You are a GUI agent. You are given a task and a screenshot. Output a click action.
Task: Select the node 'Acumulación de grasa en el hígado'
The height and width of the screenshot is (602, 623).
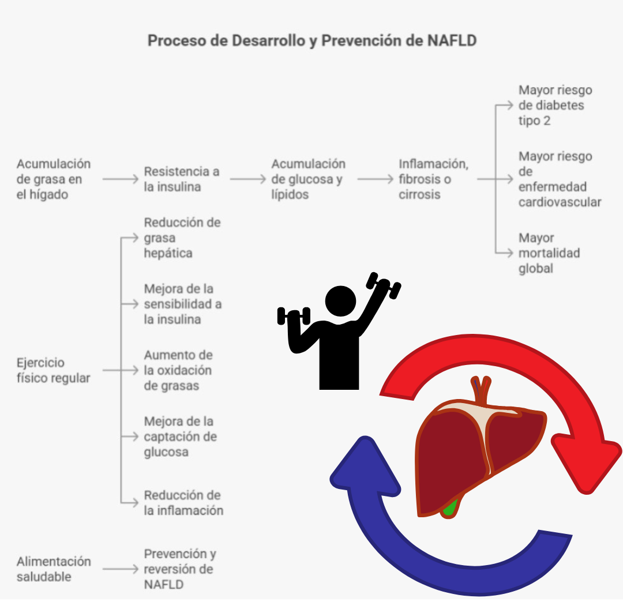[53, 179]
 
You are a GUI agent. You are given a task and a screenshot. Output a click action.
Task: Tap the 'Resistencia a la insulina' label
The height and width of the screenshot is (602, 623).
[182, 179]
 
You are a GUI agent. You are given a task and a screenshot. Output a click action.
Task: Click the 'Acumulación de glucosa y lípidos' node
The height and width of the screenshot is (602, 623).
[308, 179]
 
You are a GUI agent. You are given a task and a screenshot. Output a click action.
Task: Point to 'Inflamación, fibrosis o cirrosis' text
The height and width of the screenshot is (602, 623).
[433, 179]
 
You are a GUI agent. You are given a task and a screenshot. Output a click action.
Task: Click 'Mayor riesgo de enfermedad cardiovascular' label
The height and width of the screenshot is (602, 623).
[559, 179]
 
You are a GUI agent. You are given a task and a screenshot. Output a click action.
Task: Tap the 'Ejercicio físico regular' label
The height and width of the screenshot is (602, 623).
[53, 370]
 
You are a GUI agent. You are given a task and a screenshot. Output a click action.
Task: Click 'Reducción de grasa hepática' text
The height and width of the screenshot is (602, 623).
[182, 238]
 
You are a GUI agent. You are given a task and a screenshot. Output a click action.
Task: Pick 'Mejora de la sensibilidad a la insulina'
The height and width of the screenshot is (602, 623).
[182, 304]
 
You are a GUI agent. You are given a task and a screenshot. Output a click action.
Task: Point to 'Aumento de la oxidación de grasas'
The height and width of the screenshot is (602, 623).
[178, 370]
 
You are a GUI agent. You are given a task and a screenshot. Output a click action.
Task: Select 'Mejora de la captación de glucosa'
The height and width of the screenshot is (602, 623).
[180, 437]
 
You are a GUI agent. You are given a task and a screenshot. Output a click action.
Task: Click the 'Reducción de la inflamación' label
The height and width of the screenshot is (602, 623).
[183, 503]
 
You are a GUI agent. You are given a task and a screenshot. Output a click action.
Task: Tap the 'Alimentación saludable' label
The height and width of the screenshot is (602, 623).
[54, 569]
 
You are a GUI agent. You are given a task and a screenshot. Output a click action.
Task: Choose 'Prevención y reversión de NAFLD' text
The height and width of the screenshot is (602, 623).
[179, 569]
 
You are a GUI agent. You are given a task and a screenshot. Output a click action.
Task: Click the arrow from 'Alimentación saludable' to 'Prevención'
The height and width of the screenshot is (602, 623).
[120, 569]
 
